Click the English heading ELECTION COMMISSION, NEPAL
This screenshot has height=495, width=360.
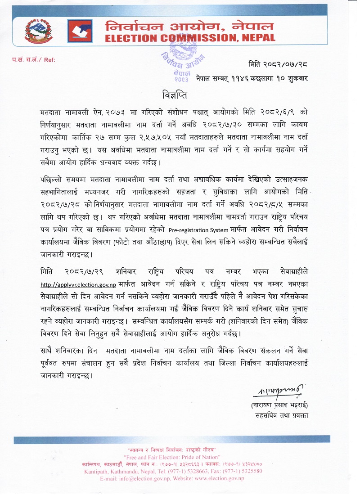190,39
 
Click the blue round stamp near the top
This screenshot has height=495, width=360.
182,67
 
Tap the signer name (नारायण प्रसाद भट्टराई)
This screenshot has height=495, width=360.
279,405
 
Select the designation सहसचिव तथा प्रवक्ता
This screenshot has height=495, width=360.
281,415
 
